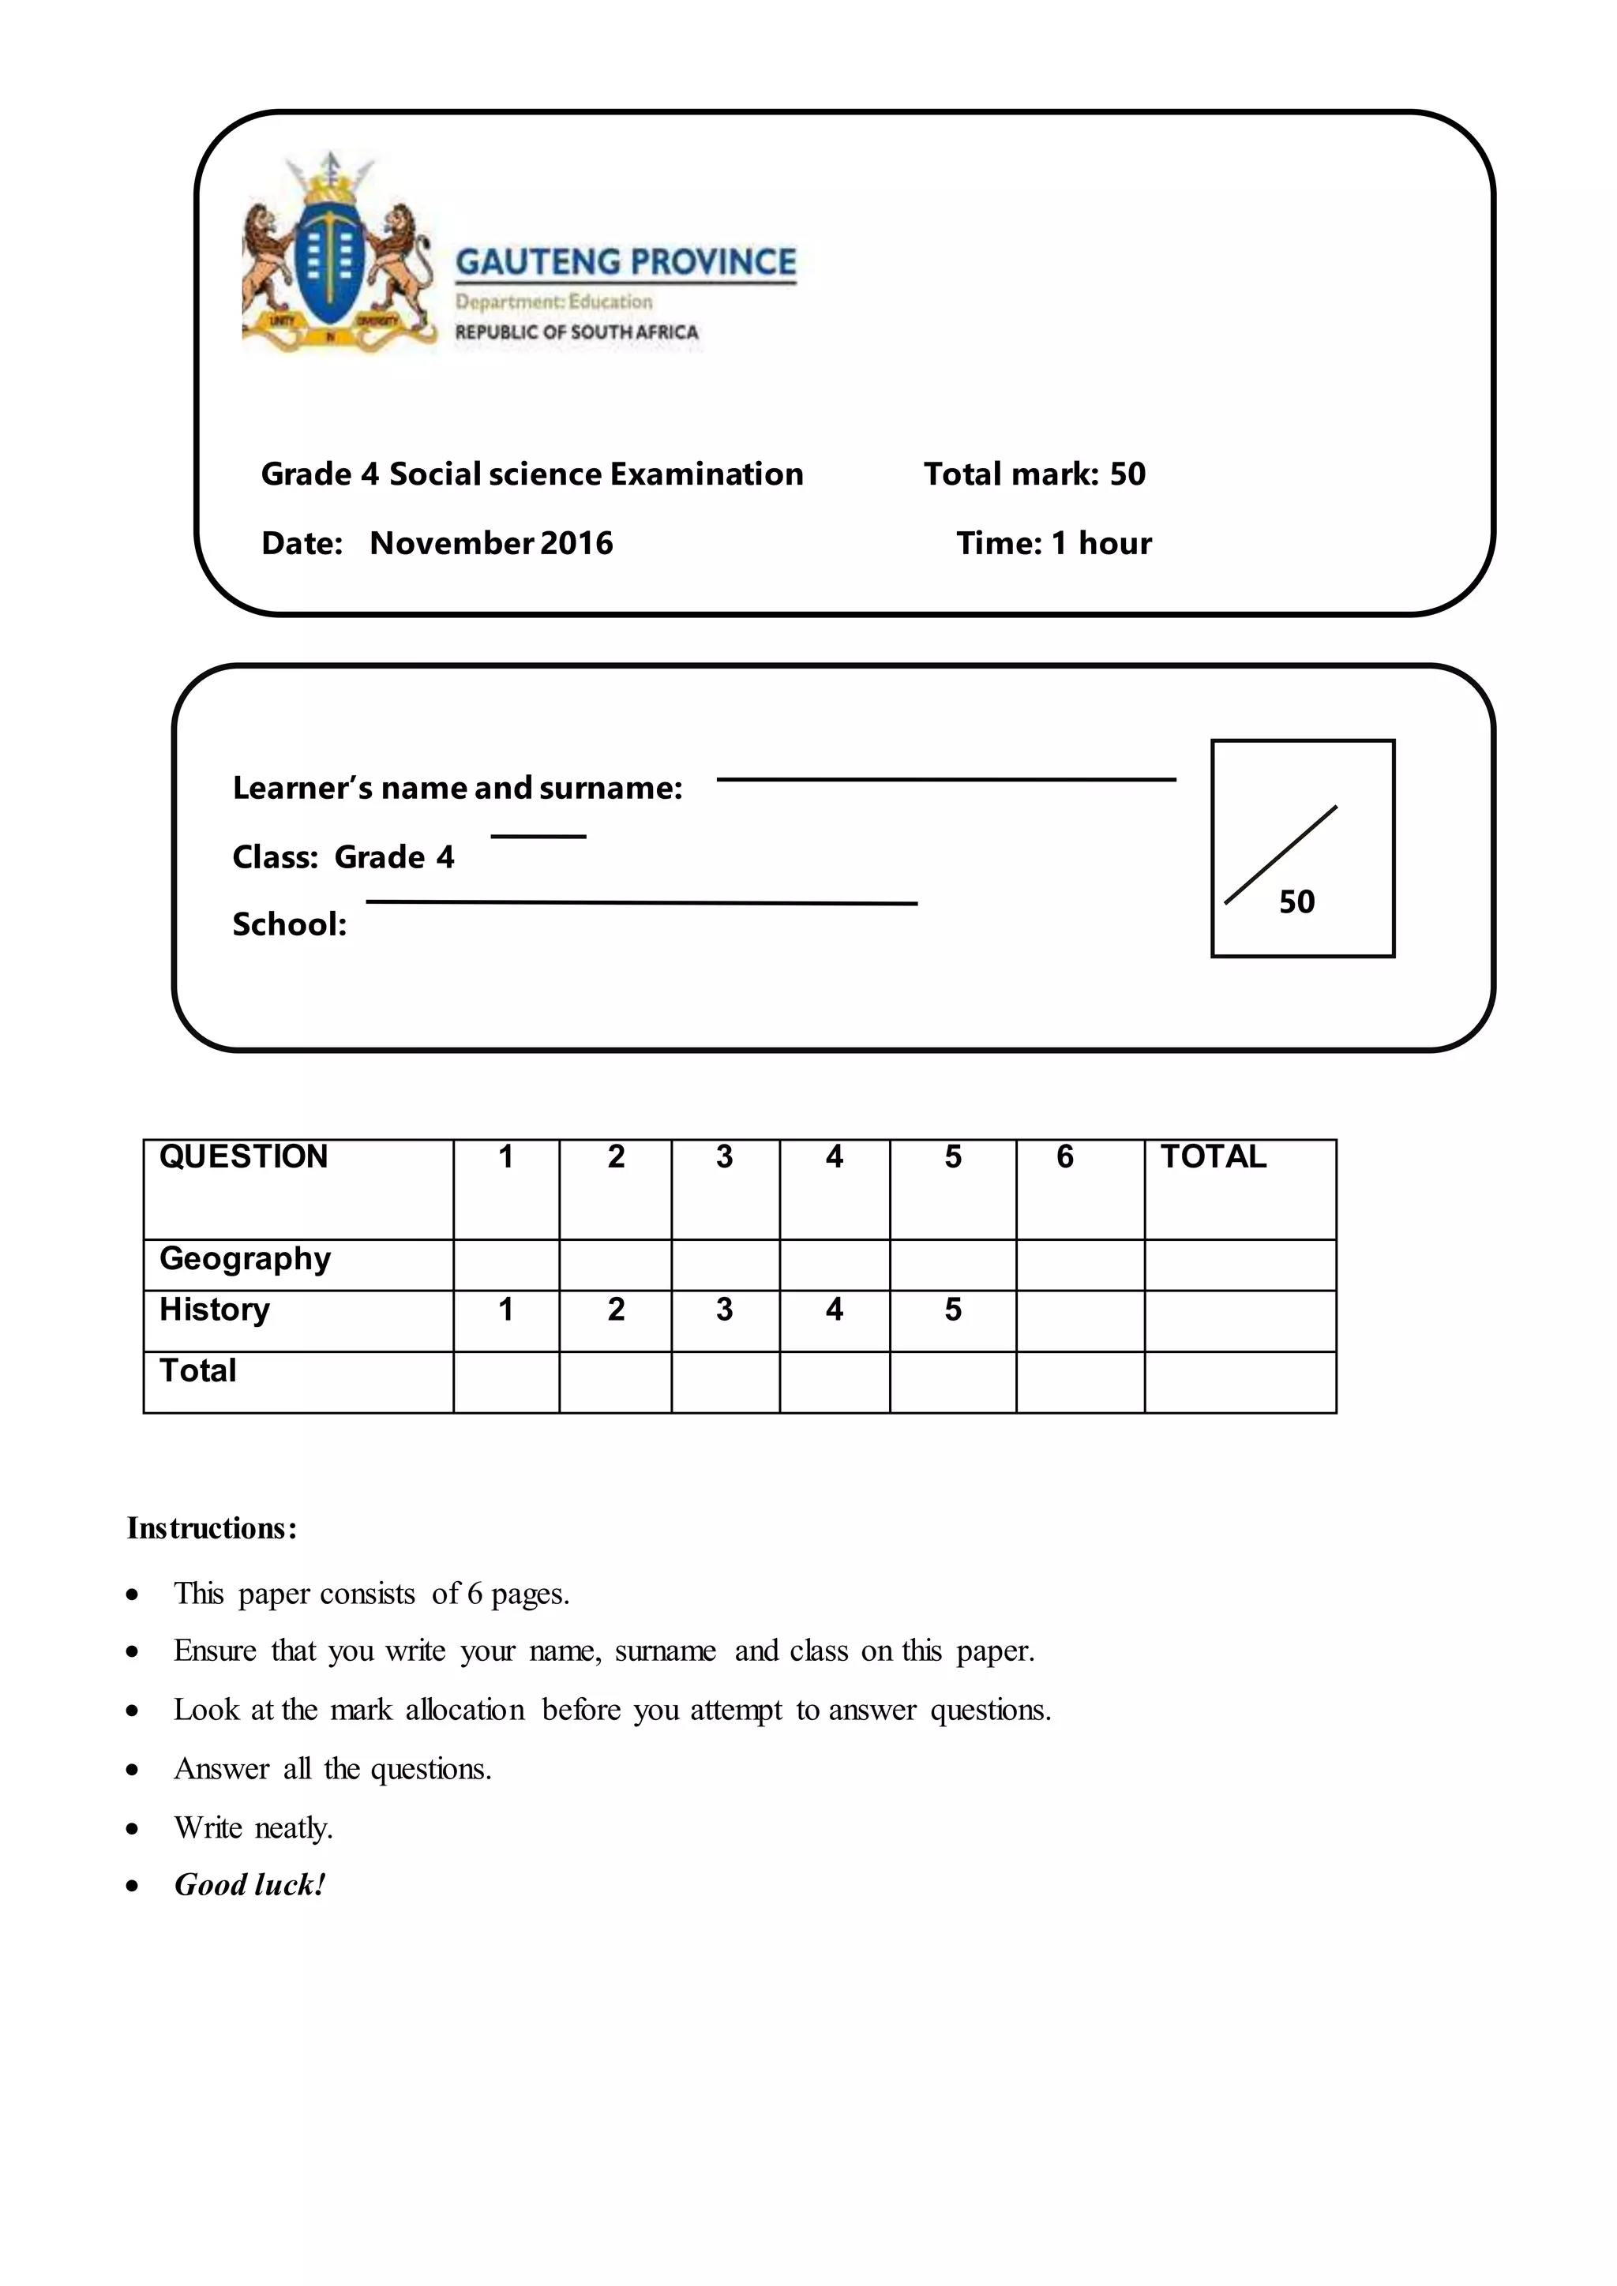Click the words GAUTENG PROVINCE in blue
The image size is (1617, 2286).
[x=625, y=262]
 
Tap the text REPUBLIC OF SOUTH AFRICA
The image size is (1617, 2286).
[x=576, y=332]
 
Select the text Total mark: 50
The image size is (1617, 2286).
[x=1034, y=474]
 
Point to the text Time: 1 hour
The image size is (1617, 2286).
[x=1053, y=544]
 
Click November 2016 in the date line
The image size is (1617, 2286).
[x=491, y=544]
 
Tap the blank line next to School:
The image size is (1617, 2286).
[x=641, y=903]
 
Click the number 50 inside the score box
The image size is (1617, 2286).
[x=1296, y=902]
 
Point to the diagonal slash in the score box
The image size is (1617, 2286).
[x=1281, y=855]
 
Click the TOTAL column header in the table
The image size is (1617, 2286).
[x=1213, y=1157]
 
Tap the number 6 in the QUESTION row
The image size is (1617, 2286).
[x=1064, y=1157]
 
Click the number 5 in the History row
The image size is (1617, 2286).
[x=953, y=1310]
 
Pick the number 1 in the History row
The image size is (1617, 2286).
[x=506, y=1310]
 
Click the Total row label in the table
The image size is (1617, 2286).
[x=198, y=1371]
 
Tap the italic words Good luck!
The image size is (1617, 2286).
[x=250, y=1885]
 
